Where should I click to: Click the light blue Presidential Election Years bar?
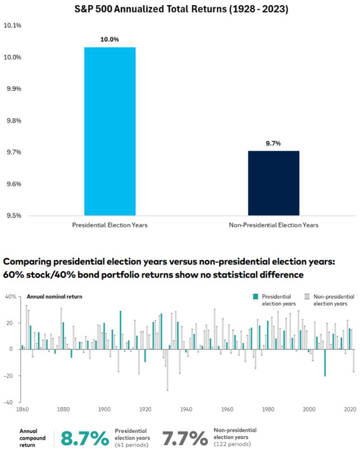pos(110,131)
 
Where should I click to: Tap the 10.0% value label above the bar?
pos(110,40)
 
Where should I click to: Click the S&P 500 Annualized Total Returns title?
pos(179,10)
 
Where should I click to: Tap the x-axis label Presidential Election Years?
pos(110,225)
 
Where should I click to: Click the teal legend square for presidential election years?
pos(256,296)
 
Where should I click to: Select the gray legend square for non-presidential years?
pos(306,296)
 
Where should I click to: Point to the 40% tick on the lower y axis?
pos(11,296)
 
